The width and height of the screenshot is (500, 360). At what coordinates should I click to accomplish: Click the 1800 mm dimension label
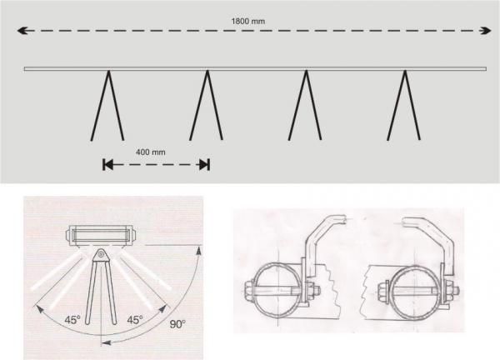[x=247, y=22]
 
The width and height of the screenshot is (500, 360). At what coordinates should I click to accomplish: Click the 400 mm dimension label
[x=151, y=152]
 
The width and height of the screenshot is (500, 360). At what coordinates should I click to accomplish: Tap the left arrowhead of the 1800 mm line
[x=22, y=31]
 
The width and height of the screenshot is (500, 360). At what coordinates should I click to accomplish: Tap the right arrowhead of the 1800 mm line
[x=486, y=31]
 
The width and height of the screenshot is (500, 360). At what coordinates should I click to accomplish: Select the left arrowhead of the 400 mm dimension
[x=107, y=165]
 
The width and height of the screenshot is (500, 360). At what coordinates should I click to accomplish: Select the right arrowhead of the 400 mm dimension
[x=204, y=165]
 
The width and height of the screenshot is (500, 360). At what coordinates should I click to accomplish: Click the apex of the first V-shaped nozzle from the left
[x=108, y=72]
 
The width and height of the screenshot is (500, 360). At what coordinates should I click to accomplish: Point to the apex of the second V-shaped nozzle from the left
[x=207, y=72]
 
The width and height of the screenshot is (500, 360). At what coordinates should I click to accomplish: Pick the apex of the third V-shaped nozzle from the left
[x=306, y=72]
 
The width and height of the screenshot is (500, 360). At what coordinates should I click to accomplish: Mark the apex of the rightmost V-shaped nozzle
[x=405, y=72]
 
